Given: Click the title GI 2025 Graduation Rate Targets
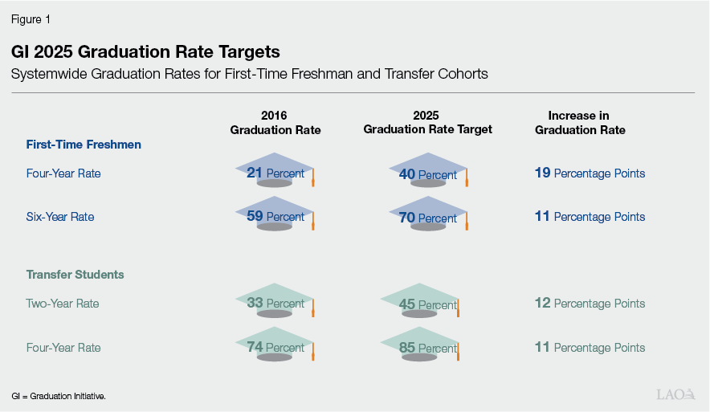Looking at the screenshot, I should point(145,52).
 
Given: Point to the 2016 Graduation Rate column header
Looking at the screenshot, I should point(274,122).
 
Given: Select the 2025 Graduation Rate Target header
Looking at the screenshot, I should point(428,122).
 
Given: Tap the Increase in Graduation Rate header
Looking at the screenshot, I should point(580,122).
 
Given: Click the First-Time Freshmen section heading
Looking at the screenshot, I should point(84,145).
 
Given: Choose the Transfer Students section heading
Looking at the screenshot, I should point(75,275).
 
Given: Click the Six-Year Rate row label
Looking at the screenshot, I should point(60,217).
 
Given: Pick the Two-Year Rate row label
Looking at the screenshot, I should point(63,304).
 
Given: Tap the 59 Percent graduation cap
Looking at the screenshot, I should point(275,214).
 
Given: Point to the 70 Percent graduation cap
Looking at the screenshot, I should point(428,216).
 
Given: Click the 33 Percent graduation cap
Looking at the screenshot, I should point(275,301).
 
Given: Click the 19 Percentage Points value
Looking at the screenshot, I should point(590,173).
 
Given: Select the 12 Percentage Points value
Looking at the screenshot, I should point(590,304).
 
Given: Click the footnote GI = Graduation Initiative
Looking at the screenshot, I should point(59,397).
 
